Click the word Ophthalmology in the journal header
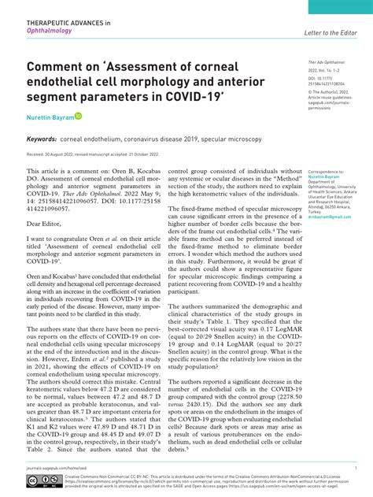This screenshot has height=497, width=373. (50, 34)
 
